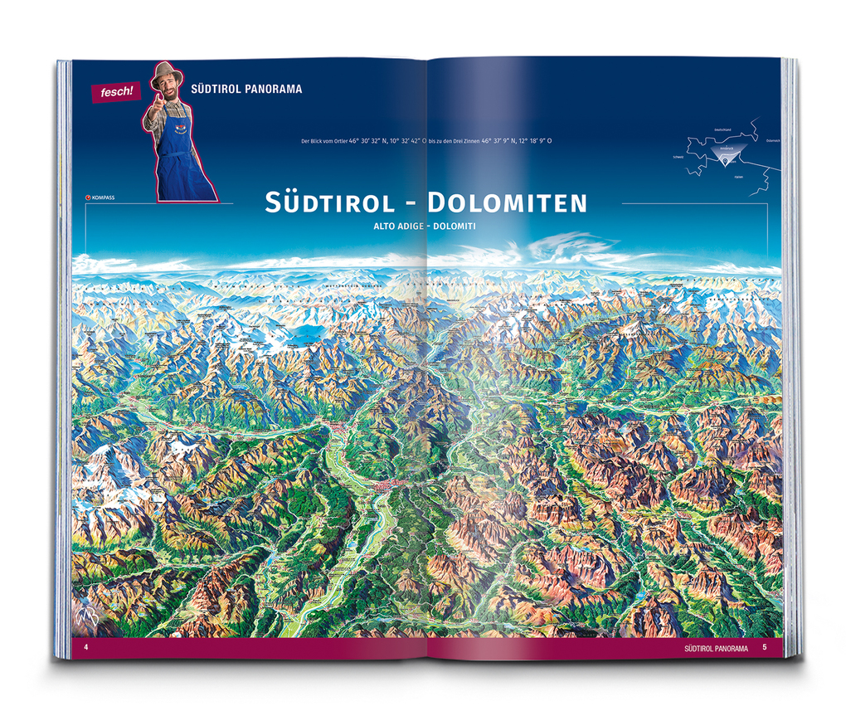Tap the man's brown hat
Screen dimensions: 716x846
166,73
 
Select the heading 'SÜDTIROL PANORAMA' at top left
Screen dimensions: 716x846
246,89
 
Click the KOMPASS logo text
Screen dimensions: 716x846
104,197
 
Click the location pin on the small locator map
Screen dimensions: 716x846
728,162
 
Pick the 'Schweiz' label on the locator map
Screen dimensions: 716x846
678,158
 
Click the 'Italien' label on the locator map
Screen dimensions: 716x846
738,177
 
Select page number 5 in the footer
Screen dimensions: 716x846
765,647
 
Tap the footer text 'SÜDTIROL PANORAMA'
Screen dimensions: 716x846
717,647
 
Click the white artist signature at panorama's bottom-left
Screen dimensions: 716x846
86,617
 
